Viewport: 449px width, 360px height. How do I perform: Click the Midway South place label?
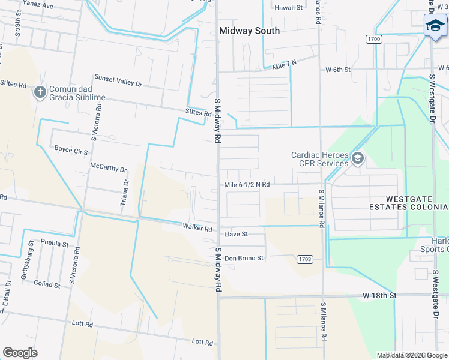(249, 31)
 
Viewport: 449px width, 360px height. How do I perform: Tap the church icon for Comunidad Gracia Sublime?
(40, 92)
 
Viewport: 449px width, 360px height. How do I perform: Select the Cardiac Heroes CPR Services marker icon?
(358, 158)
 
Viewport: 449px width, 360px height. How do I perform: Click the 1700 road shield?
(373, 39)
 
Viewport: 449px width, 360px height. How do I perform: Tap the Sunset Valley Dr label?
(118, 80)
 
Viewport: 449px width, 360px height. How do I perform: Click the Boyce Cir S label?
(71, 149)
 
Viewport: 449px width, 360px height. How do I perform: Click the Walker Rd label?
(197, 228)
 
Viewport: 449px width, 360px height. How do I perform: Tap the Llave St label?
(236, 234)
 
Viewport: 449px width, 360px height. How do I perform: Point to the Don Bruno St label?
(244, 258)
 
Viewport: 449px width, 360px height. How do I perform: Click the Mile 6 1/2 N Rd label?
(247, 185)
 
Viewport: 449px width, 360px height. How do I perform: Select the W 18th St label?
(379, 296)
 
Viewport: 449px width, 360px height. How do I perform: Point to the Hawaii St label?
(288, 8)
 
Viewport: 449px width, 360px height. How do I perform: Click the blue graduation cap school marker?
(435, 26)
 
